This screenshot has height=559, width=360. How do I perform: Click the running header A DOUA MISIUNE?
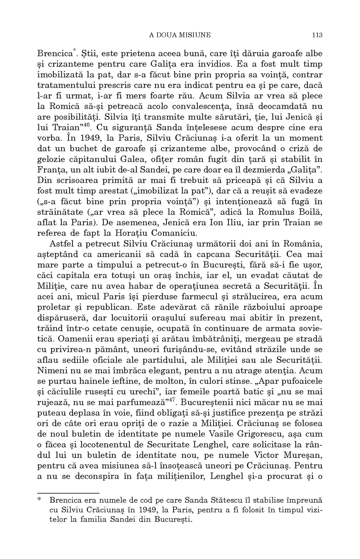pyautogui.click(x=180, y=35)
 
